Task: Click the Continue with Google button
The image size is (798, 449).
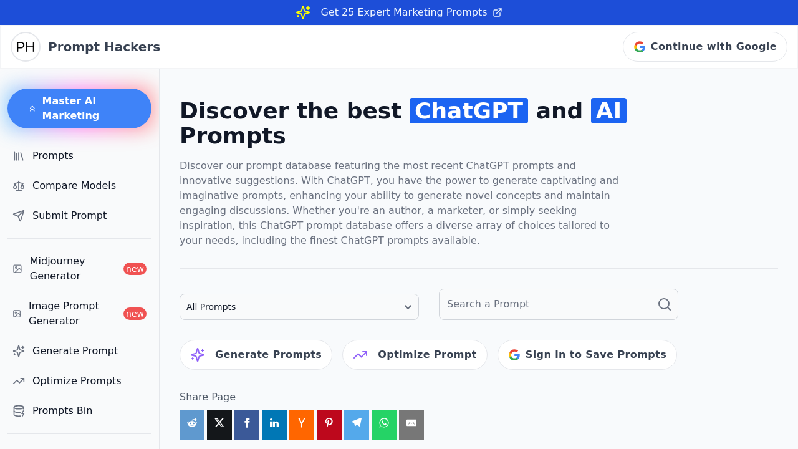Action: (x=704, y=47)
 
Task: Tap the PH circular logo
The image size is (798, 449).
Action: (x=26, y=47)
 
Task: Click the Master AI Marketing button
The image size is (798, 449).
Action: (x=79, y=109)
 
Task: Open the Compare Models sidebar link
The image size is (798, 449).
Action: (x=74, y=186)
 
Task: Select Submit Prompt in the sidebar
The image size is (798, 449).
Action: (x=69, y=216)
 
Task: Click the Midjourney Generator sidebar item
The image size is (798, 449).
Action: (x=57, y=269)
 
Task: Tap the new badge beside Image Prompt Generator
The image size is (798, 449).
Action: (x=135, y=314)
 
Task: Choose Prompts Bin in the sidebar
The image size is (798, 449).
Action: (x=62, y=411)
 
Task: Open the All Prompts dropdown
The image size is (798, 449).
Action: (x=299, y=307)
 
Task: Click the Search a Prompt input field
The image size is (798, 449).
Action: (x=549, y=304)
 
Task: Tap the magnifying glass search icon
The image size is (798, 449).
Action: (x=665, y=304)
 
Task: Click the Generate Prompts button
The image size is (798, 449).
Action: (x=256, y=355)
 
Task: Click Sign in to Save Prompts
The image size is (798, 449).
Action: (x=587, y=355)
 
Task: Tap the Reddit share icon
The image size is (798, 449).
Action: (x=192, y=425)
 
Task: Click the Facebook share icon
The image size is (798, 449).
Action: (x=247, y=425)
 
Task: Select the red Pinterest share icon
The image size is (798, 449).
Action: (x=329, y=425)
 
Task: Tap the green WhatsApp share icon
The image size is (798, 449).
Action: (x=384, y=425)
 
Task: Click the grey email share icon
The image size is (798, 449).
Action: (x=411, y=425)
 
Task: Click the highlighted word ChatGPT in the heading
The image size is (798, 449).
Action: (x=468, y=111)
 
